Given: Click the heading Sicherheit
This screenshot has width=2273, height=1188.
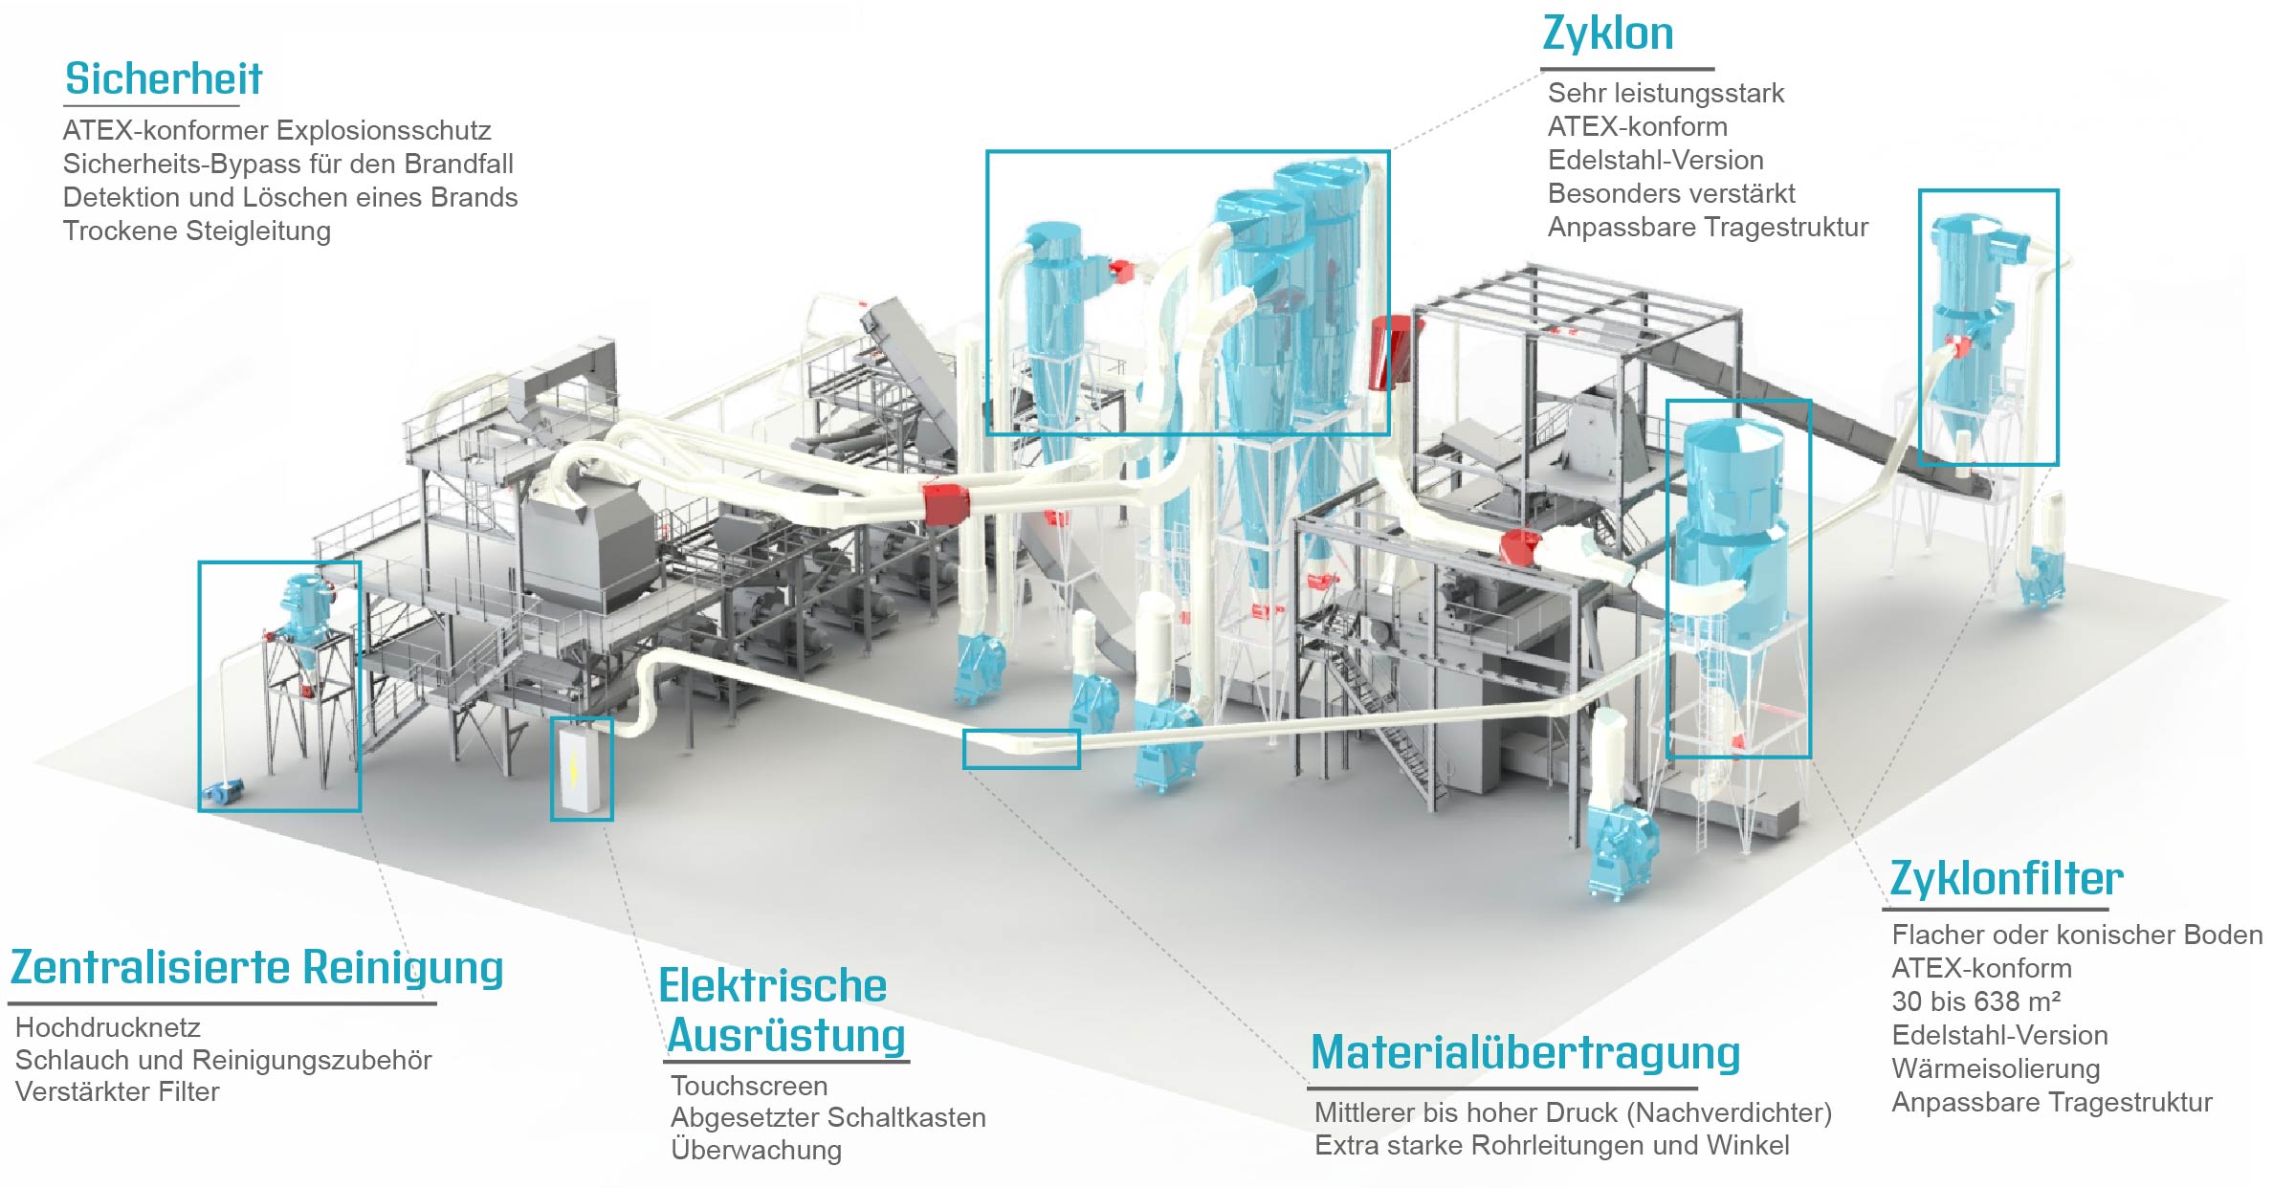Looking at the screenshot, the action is coord(164,78).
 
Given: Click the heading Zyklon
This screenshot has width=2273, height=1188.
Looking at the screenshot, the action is coord(1608,34).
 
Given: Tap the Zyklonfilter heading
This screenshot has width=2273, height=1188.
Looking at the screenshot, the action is coord(2006,879).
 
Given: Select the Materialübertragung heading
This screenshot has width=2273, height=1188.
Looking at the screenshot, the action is coord(1525,1052).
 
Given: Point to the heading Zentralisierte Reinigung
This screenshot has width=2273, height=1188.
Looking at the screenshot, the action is coord(256,967).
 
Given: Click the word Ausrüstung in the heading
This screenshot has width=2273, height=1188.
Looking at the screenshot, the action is coord(786,1036).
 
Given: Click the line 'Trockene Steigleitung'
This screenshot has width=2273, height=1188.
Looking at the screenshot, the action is coord(197,231).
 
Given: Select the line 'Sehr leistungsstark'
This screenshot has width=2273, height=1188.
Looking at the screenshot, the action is coord(1666,93).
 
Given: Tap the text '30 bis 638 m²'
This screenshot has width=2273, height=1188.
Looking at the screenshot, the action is coord(1975,1001).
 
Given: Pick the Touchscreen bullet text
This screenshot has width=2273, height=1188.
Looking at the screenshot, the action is coord(749,1086).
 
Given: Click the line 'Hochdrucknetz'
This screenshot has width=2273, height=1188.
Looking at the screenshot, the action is coord(108,1027).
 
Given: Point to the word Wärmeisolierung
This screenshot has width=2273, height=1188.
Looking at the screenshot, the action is coord(1996,1068).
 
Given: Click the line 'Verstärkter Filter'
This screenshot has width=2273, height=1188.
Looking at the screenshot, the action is coord(118,1091).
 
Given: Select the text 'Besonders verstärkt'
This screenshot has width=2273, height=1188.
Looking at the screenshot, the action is coord(1671,193).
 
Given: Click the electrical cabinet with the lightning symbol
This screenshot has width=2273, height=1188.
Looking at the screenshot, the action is coord(581,770).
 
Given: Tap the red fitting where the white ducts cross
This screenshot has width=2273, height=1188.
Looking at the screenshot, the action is coord(946,503).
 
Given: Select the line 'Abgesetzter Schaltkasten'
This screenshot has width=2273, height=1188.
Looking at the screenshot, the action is coord(828,1117).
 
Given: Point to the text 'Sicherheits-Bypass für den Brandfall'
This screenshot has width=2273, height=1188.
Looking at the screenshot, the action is coord(288,164).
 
